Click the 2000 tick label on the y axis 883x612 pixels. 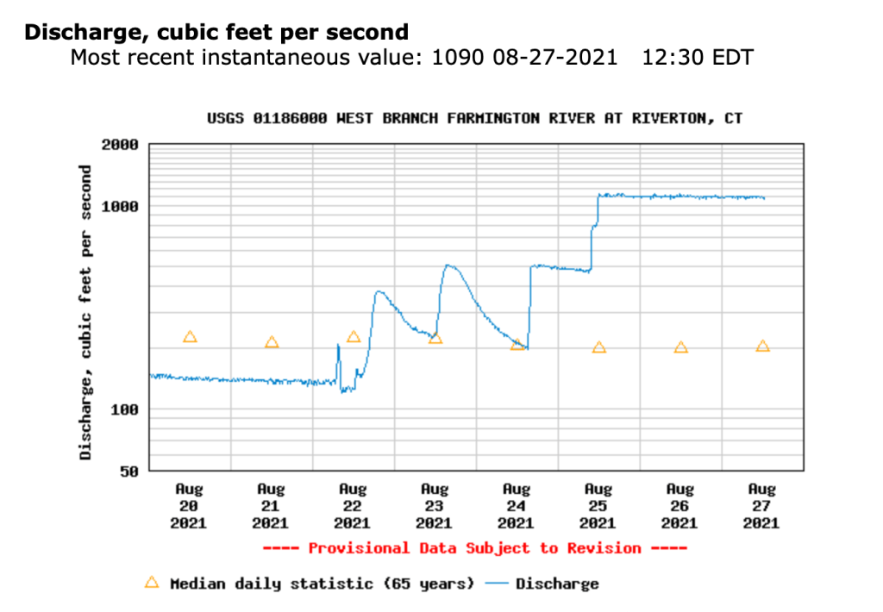[x=120, y=145]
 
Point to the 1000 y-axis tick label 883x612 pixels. [x=120, y=207]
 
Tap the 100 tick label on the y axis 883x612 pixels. [x=124, y=409]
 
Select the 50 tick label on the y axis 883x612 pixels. [x=128, y=471]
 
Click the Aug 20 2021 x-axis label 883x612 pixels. [x=189, y=505]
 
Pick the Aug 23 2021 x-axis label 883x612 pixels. [x=435, y=505]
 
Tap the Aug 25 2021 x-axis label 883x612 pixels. [x=598, y=505]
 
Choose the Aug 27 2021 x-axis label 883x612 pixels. [x=762, y=505]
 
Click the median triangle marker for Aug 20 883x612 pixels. [x=190, y=337]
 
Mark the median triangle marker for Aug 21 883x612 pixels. [x=272, y=342]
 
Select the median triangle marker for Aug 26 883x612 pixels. [x=681, y=347]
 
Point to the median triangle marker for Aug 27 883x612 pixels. [x=762, y=347]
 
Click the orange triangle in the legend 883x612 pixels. [x=152, y=583]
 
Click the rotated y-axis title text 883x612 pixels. [x=86, y=311]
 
